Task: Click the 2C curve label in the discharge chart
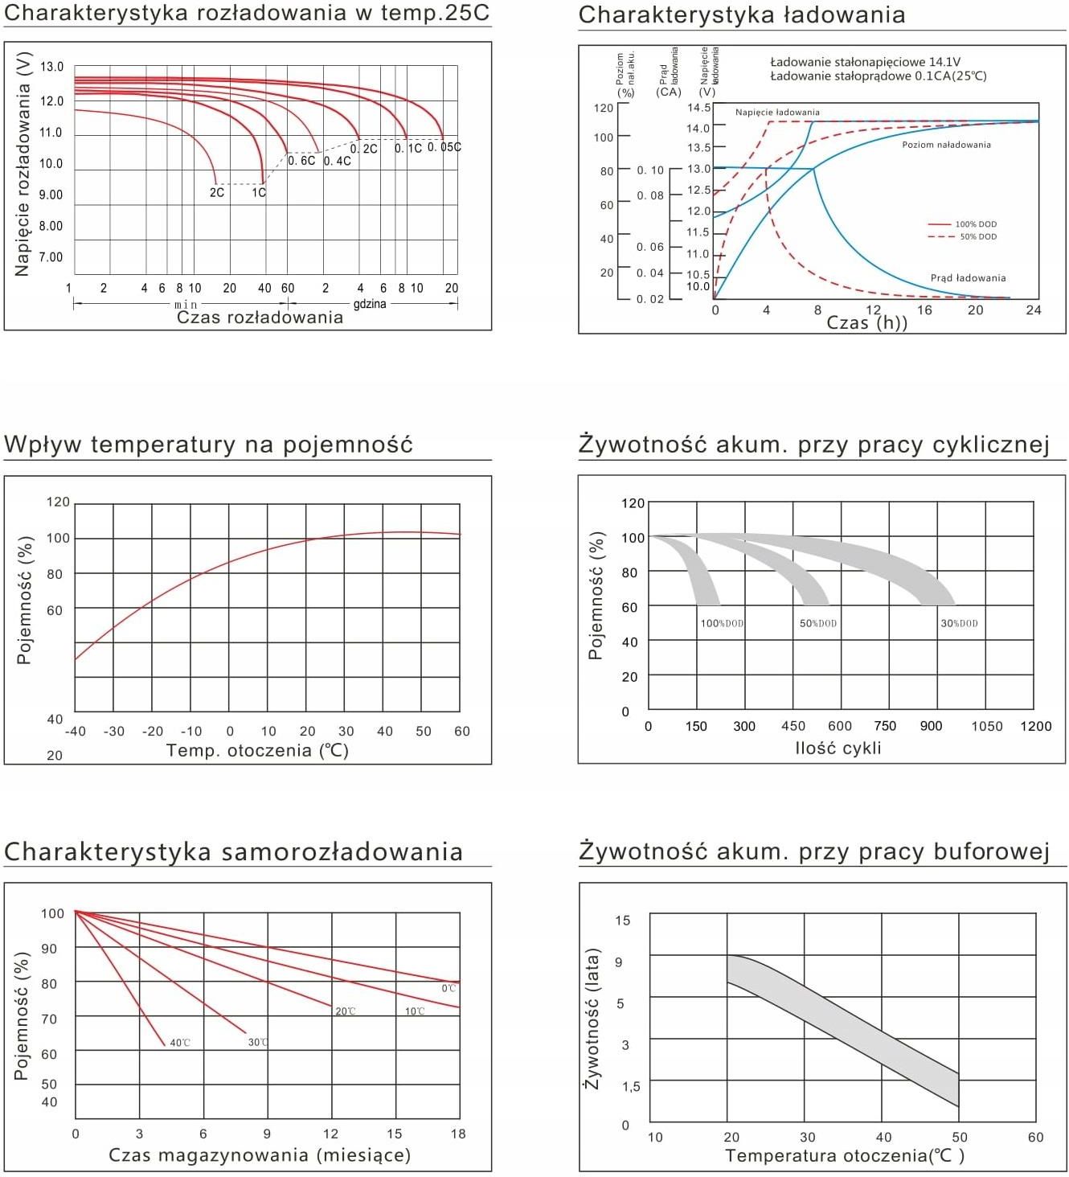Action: pyautogui.click(x=217, y=193)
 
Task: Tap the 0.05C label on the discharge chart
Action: pyautogui.click(x=444, y=147)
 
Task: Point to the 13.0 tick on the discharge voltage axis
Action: pyautogui.click(x=52, y=67)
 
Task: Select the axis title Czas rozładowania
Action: pyautogui.click(x=260, y=318)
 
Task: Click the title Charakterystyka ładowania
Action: pyautogui.click(x=741, y=14)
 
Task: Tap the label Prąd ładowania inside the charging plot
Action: pyautogui.click(x=968, y=278)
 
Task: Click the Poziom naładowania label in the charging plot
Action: pyautogui.click(x=946, y=145)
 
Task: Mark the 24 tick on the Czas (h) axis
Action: pyautogui.click(x=1034, y=310)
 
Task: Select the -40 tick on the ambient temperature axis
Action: pyautogui.click(x=75, y=732)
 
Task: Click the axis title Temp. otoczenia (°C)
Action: pyautogui.click(x=257, y=751)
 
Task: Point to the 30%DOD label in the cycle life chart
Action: pyautogui.click(x=959, y=623)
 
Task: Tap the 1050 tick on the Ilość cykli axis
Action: pyautogui.click(x=986, y=726)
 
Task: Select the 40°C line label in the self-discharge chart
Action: pyautogui.click(x=180, y=1043)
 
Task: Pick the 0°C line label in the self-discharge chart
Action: pyautogui.click(x=448, y=988)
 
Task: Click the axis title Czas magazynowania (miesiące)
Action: pyautogui.click(x=260, y=1155)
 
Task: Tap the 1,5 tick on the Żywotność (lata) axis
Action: pyautogui.click(x=631, y=1086)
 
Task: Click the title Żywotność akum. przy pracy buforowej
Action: pyautogui.click(x=814, y=851)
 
